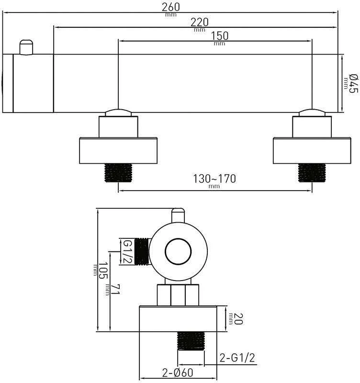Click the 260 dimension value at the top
(171, 7)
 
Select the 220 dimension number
(200, 23)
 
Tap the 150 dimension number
(220, 36)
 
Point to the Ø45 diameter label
(353, 83)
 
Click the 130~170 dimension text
(214, 179)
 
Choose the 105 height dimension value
(103, 270)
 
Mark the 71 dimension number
(115, 289)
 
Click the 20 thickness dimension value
(238, 319)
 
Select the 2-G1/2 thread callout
(237, 358)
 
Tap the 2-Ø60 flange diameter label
(178, 373)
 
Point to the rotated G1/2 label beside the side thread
(127, 252)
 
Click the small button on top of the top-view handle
(26, 47)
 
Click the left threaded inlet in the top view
(118, 173)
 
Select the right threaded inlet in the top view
(312, 173)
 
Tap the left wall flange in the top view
(118, 151)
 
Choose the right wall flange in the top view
(312, 151)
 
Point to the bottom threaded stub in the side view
(191, 341)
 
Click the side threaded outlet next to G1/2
(142, 252)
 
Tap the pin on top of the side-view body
(178, 215)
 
